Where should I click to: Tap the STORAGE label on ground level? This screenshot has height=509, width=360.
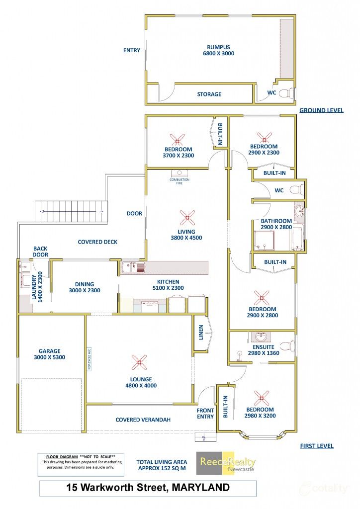(x=209, y=94)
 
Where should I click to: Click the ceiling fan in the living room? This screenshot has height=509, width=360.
(x=187, y=217)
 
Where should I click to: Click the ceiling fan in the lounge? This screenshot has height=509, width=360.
(x=140, y=362)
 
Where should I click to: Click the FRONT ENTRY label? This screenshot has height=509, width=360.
(x=205, y=414)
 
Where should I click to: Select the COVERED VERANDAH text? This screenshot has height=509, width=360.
(x=143, y=420)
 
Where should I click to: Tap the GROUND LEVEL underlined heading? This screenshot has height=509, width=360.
(x=321, y=110)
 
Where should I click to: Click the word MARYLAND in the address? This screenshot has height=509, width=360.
(x=200, y=488)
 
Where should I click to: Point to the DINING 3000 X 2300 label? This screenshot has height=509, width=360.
(x=84, y=287)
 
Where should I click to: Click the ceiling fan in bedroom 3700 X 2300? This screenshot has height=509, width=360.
(x=177, y=139)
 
